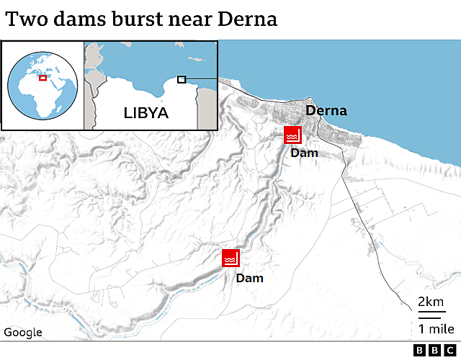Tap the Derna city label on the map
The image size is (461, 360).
[x=326, y=111]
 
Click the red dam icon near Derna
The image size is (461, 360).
[x=292, y=135]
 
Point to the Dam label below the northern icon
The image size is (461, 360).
[x=304, y=153]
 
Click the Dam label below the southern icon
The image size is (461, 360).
[x=250, y=278]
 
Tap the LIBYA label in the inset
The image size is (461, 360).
[x=146, y=113]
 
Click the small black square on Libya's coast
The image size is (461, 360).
[x=182, y=79]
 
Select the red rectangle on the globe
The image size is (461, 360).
[x=42, y=78]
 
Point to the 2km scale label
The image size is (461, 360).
[x=430, y=302]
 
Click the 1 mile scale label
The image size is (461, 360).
[x=430, y=329]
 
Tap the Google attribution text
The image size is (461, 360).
[x=23, y=332]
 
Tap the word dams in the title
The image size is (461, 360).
[x=75, y=19]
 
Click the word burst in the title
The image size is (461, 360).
[x=134, y=19]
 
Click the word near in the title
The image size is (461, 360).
[x=189, y=19]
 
